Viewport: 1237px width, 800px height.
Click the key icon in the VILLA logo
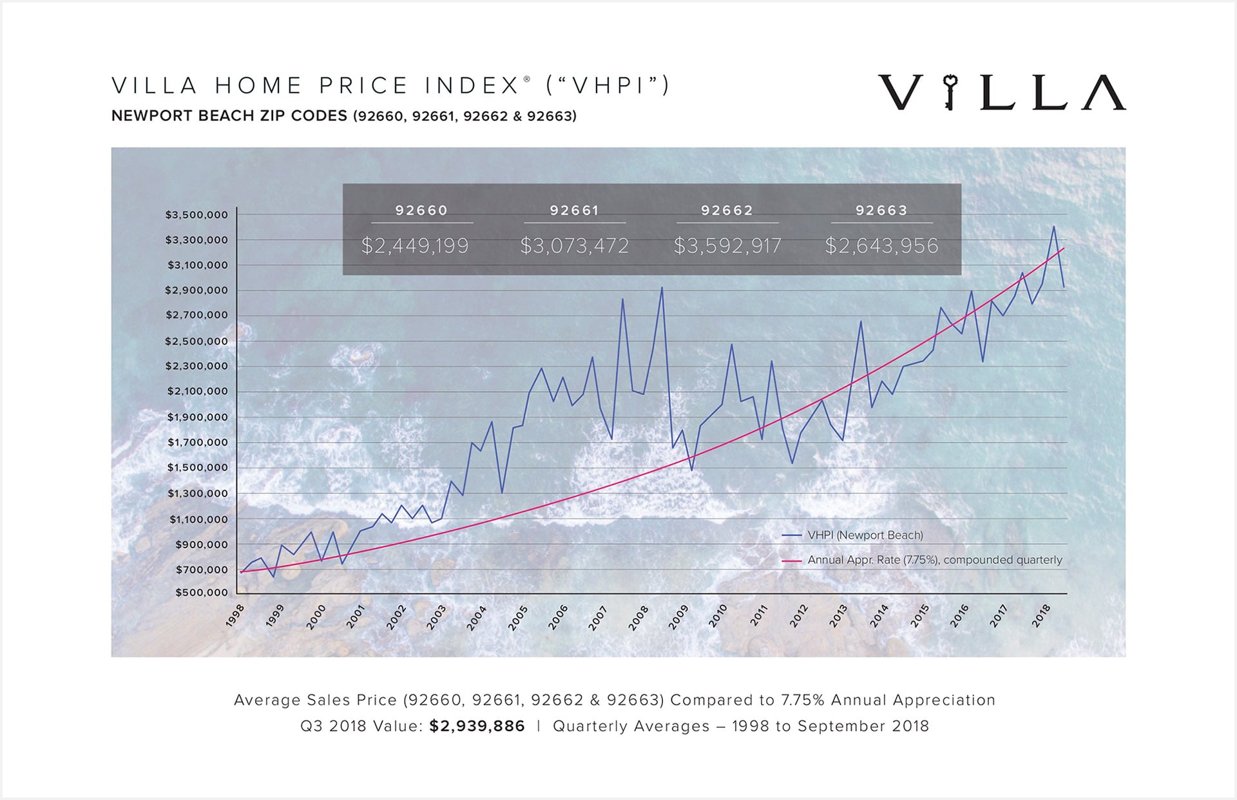click(x=949, y=92)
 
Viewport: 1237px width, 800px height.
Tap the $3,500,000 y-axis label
click(x=197, y=214)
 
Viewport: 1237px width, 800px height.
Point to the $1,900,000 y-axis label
click(x=198, y=417)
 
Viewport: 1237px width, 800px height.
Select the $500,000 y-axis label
click(x=202, y=592)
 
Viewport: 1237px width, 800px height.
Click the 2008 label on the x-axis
click(x=638, y=618)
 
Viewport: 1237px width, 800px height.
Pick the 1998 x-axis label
click(x=235, y=615)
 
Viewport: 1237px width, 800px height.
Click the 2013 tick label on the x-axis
click(x=838, y=616)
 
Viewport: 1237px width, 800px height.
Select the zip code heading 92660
click(x=421, y=211)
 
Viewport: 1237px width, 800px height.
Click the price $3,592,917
click(x=727, y=245)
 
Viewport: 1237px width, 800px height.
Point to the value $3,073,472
click(x=574, y=245)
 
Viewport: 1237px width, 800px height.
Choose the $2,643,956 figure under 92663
click(x=881, y=245)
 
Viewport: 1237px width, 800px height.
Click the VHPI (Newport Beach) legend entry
click(x=865, y=535)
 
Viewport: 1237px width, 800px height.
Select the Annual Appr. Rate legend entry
click(x=934, y=560)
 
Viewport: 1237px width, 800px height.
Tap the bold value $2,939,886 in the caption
click(x=477, y=726)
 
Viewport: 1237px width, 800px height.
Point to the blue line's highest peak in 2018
click(x=1054, y=227)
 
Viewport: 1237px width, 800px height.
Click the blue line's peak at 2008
click(x=662, y=288)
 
